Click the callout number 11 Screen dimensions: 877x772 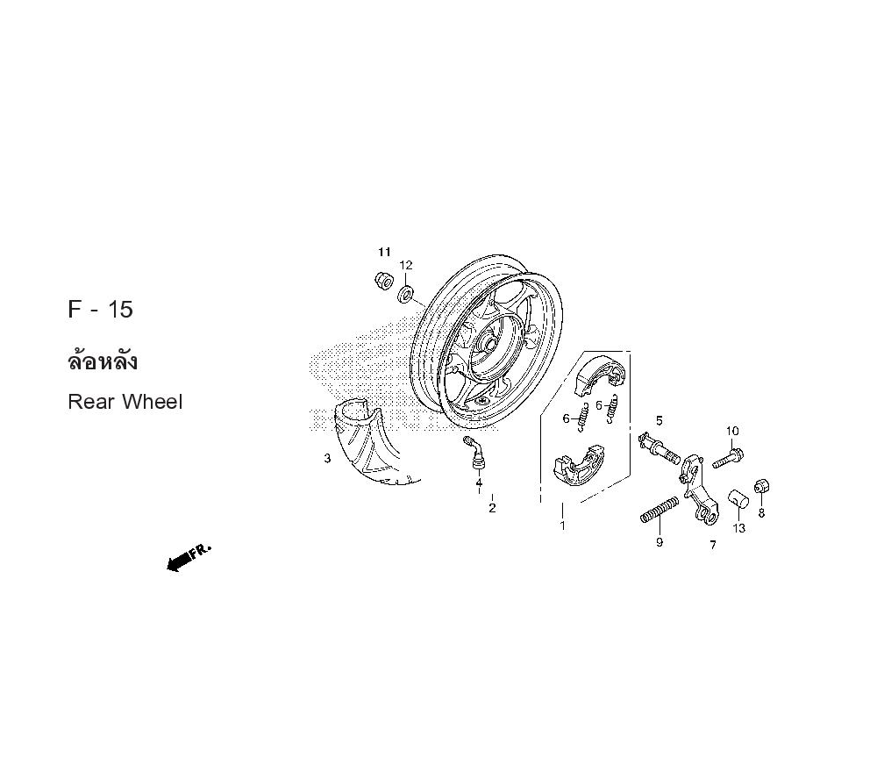384,252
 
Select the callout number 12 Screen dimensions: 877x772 405,265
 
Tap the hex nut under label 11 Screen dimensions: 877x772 383,280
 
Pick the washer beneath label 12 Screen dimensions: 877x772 405,294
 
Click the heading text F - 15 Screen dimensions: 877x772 101,310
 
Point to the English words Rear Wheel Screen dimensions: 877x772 125,402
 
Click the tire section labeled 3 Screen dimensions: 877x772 369,447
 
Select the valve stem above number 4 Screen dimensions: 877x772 474,451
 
